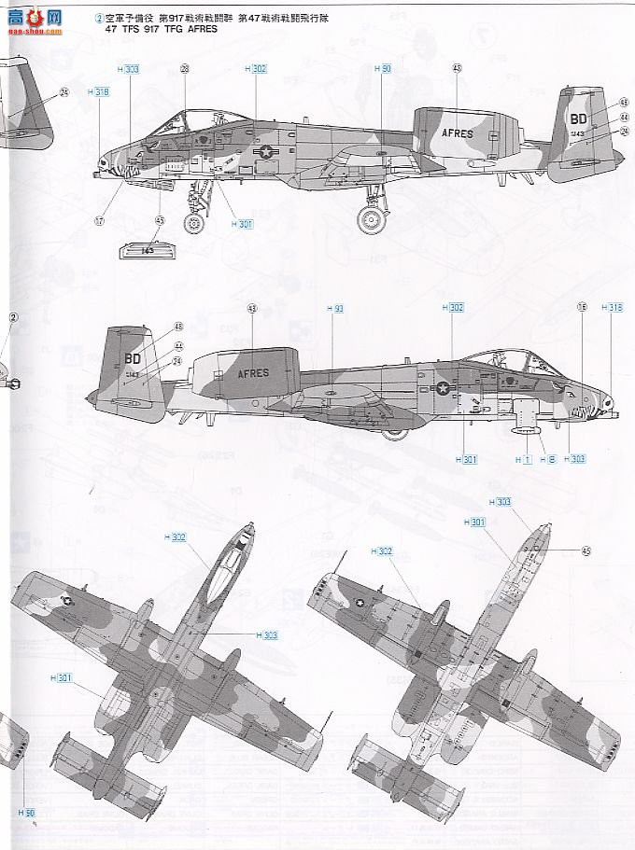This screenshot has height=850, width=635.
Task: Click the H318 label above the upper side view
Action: click(100, 91)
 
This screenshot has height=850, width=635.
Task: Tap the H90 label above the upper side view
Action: click(383, 69)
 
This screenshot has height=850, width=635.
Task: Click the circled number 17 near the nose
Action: click(99, 221)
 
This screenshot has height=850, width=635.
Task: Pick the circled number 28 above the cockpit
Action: click(184, 69)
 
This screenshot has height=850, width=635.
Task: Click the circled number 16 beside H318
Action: click(581, 307)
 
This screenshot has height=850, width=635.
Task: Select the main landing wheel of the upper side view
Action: click(372, 220)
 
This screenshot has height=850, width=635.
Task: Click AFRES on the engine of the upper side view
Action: click(458, 133)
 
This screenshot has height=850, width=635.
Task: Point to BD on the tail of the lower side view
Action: click(132, 357)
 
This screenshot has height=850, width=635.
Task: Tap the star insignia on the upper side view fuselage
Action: click(266, 151)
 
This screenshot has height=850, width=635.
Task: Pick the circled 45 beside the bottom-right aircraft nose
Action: click(586, 550)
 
